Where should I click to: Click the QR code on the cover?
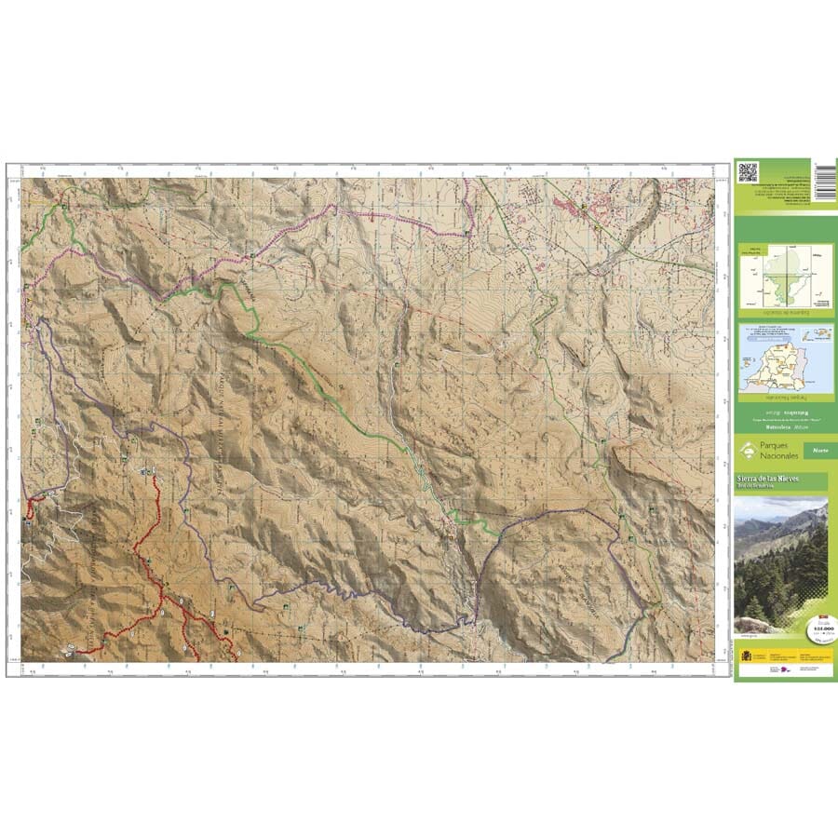(x=748, y=172)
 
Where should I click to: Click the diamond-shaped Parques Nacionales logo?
(x=747, y=453)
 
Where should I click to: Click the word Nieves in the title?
(x=786, y=479)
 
